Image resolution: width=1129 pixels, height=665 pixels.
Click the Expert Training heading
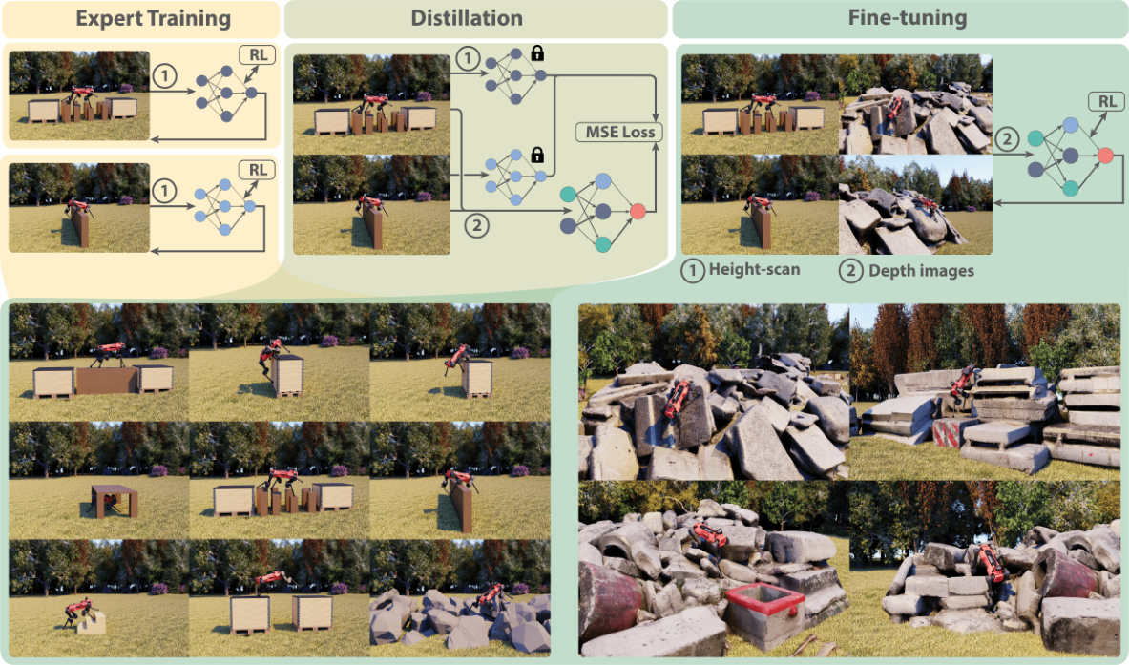(154, 18)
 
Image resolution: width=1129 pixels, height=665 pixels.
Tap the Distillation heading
(467, 18)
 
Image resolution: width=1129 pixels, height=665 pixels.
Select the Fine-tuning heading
(908, 17)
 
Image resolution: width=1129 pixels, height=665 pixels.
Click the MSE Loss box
(619, 133)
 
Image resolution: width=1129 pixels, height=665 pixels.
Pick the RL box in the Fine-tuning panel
(1107, 101)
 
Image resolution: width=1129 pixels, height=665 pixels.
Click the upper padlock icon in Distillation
(537, 52)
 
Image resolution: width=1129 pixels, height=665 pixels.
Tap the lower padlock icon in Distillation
(536, 154)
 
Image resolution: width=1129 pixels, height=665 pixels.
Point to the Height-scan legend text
(754, 270)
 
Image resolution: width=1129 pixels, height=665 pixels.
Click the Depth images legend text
(921, 271)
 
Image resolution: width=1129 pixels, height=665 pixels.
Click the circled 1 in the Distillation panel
(468, 58)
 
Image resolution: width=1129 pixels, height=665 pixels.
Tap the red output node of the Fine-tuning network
(1106, 155)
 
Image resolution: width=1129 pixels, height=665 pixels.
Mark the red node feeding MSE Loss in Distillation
(638, 211)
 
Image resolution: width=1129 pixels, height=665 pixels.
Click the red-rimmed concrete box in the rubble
(763, 613)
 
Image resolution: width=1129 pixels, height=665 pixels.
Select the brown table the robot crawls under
(114, 500)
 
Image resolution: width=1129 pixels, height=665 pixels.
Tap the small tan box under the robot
(92, 623)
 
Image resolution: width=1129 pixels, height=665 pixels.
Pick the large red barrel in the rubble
(609, 602)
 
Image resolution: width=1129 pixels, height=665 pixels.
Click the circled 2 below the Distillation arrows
(476, 226)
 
